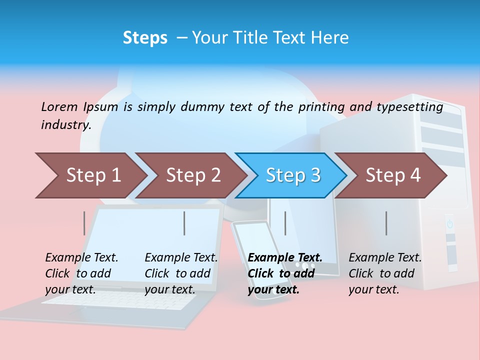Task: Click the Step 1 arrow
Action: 93,175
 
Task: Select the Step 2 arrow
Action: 193,175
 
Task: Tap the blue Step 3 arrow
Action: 293,175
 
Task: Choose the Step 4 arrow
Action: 393,175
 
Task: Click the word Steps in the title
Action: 145,38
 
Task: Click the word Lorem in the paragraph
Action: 60,106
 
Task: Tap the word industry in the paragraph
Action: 65,124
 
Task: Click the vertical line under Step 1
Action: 84,223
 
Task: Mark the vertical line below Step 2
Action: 184,223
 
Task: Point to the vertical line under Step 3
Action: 285,223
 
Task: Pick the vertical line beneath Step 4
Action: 386,223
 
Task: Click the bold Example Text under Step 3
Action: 285,257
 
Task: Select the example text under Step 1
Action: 81,273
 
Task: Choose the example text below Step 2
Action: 181,273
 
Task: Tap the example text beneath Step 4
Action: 385,273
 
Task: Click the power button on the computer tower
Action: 449,223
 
